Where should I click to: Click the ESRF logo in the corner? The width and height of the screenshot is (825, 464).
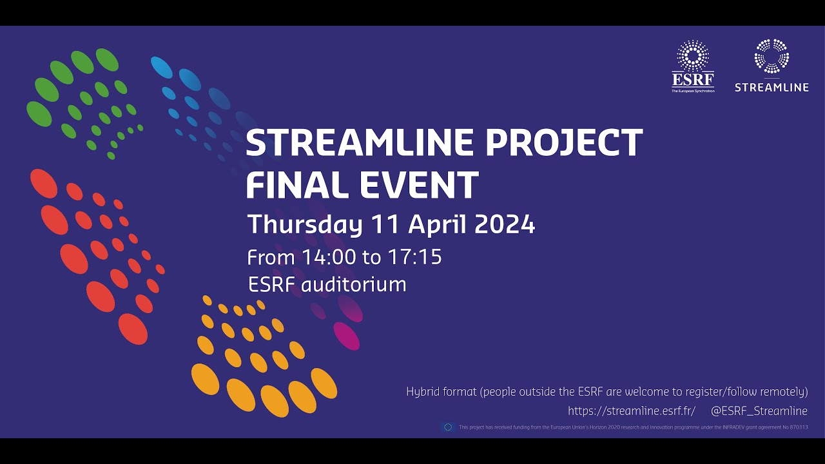tap(693, 66)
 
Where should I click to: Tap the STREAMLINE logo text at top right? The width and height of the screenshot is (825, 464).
tap(772, 87)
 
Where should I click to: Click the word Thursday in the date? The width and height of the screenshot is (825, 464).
tap(304, 225)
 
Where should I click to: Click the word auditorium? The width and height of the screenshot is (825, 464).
tap(354, 284)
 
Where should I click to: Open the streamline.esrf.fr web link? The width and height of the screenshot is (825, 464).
tap(631, 411)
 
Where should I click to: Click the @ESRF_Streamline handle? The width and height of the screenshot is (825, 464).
tap(759, 411)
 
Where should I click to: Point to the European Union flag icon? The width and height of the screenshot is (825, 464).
tap(448, 427)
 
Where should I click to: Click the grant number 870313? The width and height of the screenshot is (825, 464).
tap(797, 427)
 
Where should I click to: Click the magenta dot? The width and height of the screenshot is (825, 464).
tap(346, 336)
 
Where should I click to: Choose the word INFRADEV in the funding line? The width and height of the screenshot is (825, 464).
tap(726, 427)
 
